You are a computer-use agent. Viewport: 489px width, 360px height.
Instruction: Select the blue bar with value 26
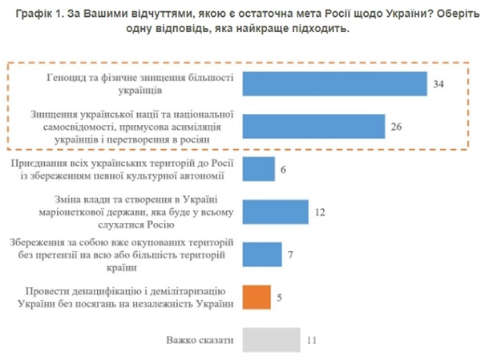(x=312, y=126)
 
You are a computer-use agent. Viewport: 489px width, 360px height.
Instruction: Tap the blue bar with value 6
(x=257, y=169)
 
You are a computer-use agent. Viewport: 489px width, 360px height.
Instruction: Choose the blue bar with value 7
(x=261, y=254)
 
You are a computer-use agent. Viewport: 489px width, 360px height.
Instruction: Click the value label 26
(x=395, y=126)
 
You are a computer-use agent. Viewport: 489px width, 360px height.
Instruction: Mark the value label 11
(x=313, y=340)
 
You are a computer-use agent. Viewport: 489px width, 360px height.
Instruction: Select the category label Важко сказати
(x=200, y=341)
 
